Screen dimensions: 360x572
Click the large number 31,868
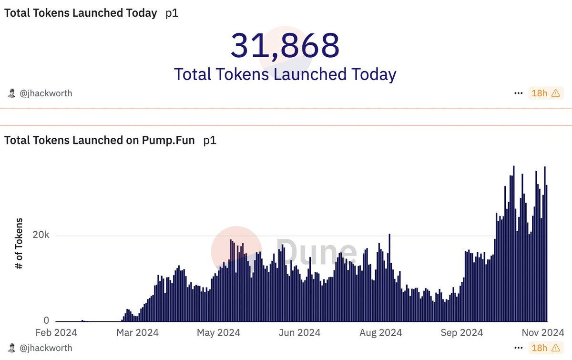click(285, 45)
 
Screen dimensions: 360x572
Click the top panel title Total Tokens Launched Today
click(81, 13)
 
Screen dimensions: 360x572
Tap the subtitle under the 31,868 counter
click(285, 74)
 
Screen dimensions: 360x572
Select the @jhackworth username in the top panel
click(45, 93)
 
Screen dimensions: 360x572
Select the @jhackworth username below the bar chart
click(45, 348)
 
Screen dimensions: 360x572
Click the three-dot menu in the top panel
click(519, 93)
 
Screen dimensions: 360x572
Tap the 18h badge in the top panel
click(545, 93)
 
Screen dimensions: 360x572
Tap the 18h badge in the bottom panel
click(545, 348)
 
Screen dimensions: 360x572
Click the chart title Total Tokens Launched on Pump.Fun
click(100, 141)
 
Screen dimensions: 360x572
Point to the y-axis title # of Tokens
click(20, 244)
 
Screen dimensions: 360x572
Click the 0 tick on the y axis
click(46, 321)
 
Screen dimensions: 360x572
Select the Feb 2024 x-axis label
click(56, 332)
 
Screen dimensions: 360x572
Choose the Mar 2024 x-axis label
click(138, 332)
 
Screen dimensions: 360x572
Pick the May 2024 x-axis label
click(219, 332)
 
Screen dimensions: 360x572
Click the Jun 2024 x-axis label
click(299, 332)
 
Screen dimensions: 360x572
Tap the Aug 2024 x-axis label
click(381, 332)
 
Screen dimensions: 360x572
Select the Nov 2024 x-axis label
click(543, 332)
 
